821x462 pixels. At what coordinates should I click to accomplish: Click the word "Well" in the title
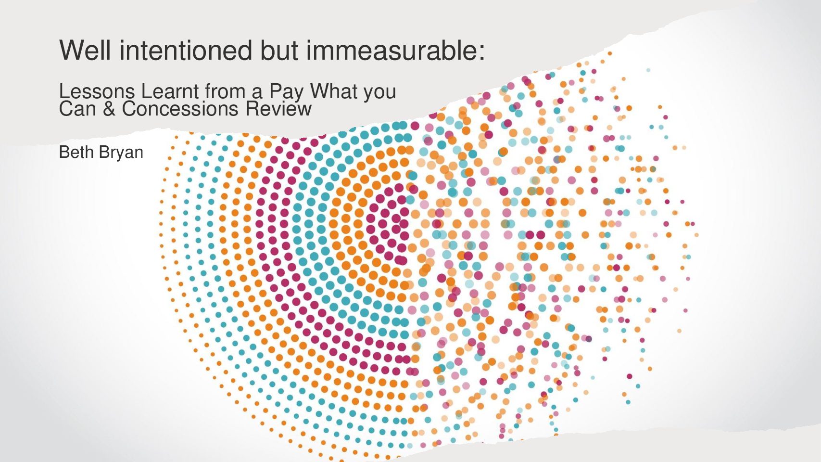85,50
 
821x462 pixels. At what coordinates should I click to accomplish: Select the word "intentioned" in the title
186,50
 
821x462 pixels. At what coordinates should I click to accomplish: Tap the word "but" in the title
279,50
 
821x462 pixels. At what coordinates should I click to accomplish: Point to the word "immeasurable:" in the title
396,50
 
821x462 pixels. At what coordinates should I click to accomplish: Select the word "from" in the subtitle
224,91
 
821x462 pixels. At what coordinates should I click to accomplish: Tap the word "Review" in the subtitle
278,109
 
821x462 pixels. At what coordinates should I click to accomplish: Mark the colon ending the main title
481,53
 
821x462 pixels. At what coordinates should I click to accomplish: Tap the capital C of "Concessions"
128,109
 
